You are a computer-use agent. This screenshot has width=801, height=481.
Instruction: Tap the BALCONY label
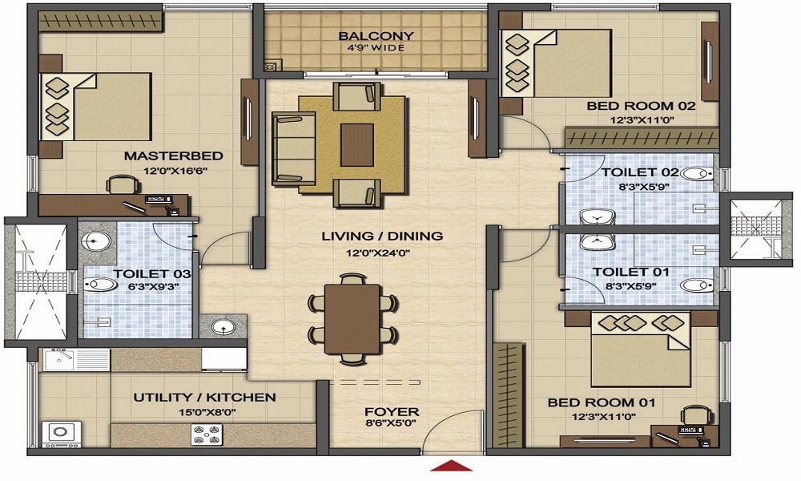(376, 36)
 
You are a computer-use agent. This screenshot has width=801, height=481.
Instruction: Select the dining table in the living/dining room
(352, 320)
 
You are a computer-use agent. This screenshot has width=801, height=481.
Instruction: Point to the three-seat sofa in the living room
(294, 148)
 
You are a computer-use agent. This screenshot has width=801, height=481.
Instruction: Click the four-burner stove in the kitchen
(205, 435)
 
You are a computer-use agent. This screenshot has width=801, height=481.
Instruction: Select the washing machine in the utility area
(62, 434)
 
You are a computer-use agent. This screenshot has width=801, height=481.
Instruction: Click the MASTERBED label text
(174, 156)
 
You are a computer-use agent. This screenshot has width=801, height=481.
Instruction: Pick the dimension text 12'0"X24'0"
(379, 253)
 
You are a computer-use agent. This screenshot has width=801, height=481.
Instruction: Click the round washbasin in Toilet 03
(97, 240)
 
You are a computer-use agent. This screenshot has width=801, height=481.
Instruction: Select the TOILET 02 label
(640, 172)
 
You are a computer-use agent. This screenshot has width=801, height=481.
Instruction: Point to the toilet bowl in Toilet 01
(696, 285)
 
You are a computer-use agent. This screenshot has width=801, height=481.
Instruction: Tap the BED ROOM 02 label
(641, 107)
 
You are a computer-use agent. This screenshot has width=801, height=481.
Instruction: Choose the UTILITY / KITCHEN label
(205, 397)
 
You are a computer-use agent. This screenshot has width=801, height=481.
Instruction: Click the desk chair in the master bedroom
(123, 184)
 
